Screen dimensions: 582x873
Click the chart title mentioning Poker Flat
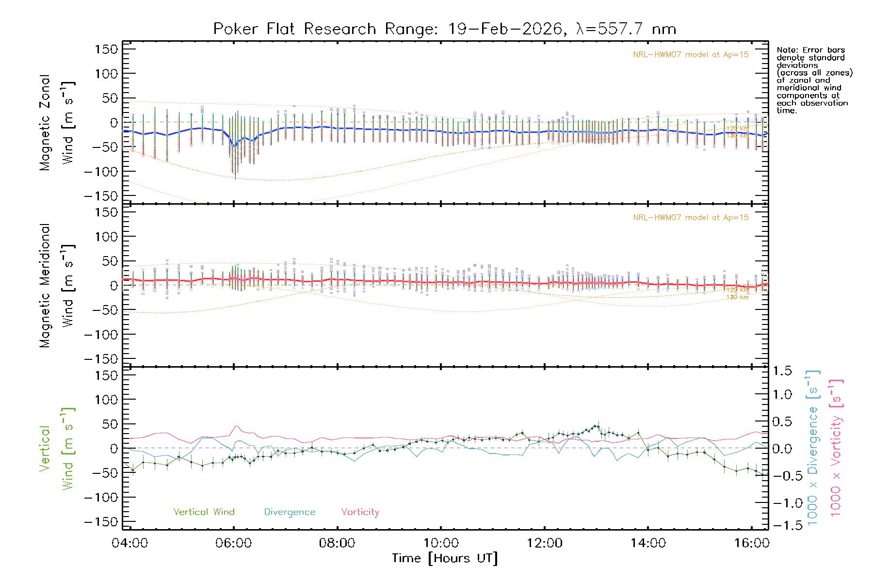(444, 29)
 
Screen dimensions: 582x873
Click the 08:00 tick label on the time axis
(337, 543)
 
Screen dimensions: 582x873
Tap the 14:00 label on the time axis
(648, 543)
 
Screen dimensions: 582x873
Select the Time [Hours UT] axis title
(444, 558)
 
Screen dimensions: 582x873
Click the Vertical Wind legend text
(204, 512)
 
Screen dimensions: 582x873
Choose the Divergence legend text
(290, 512)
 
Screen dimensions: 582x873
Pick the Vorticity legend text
(360, 512)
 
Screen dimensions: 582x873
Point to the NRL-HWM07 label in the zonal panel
(691, 55)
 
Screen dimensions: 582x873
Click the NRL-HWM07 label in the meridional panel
(691, 218)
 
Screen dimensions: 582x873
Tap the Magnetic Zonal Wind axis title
(56, 122)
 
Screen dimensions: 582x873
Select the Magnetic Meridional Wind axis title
(56, 285)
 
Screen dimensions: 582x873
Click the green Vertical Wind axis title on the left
(56, 448)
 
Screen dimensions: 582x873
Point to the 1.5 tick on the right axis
(782, 371)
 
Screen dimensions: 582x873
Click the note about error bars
(814, 80)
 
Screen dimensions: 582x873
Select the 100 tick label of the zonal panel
(106, 74)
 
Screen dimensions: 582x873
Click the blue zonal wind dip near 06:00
(235, 145)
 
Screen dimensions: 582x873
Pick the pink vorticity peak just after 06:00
(236, 426)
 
